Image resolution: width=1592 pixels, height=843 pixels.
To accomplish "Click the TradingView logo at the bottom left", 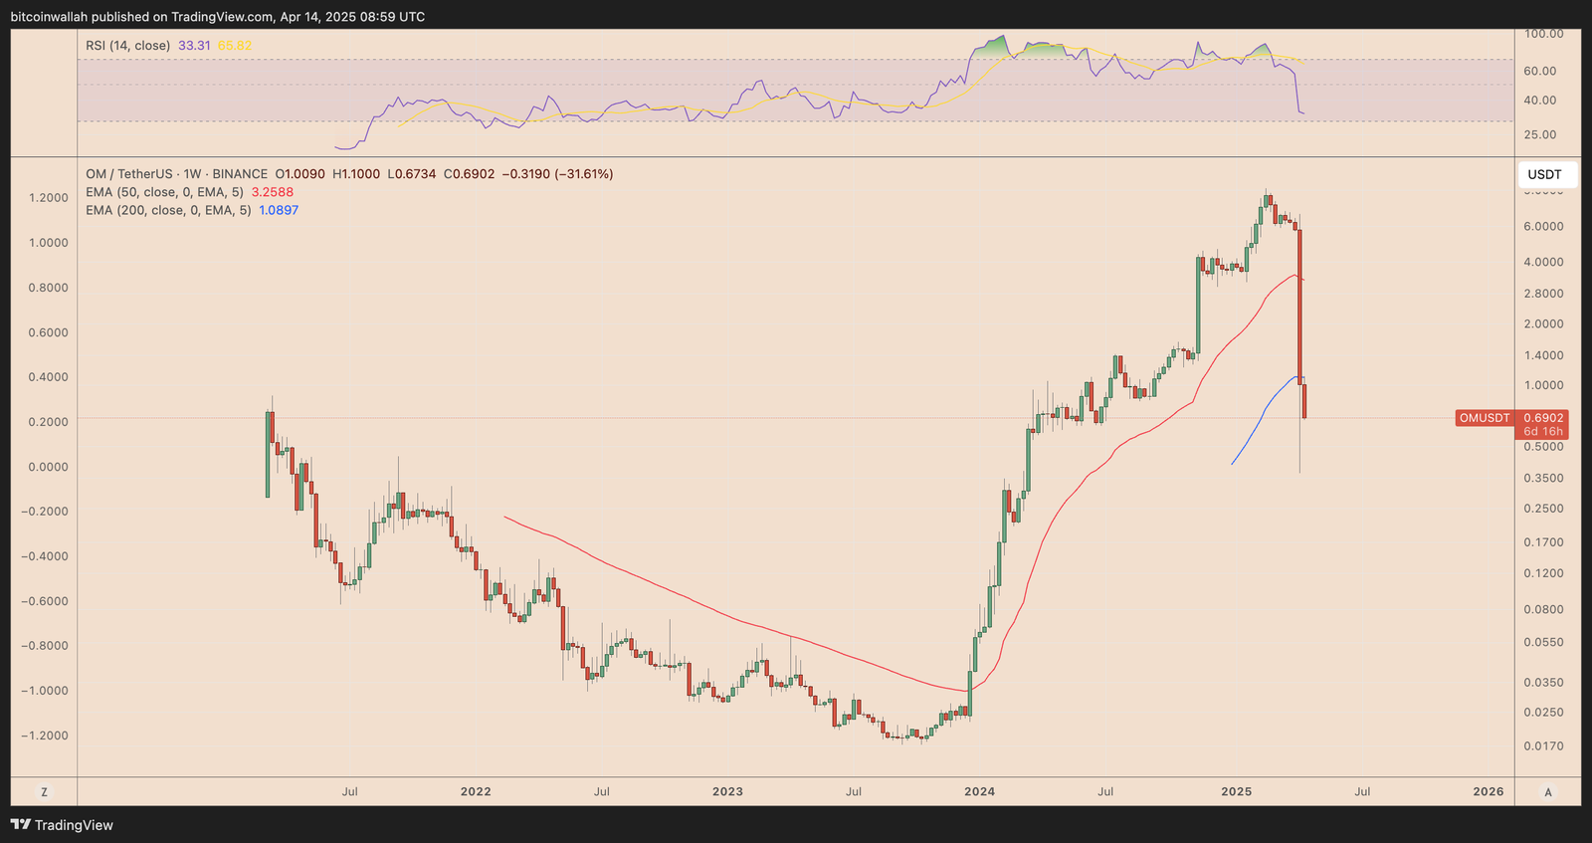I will [62, 825].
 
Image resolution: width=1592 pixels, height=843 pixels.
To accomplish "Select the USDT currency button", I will [1544, 175].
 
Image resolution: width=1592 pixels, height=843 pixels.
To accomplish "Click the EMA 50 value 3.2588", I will [272, 192].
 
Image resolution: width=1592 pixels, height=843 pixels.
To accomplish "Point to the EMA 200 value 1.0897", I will [279, 210].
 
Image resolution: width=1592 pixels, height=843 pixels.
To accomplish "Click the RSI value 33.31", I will [194, 46].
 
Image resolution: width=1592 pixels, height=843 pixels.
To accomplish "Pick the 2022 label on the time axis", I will [476, 791].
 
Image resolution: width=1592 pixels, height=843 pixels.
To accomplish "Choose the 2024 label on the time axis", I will [979, 791].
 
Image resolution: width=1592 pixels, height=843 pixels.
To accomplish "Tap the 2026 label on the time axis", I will [1488, 791].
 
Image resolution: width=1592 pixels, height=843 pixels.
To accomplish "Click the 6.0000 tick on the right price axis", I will [1543, 227].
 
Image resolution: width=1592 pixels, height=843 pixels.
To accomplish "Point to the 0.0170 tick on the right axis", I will [1543, 746].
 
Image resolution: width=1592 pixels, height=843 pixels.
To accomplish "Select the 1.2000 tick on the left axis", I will [49, 198].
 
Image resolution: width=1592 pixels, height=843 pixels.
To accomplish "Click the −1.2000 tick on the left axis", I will [45, 736].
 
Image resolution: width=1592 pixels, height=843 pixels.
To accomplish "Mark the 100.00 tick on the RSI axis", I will [1544, 34].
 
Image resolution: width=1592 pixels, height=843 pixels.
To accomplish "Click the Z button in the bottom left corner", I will [44, 792].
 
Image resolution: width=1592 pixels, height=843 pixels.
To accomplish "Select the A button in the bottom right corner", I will [1547, 792].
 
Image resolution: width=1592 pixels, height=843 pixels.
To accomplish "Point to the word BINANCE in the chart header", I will [240, 174].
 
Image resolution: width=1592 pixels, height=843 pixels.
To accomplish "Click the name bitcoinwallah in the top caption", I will [50, 17].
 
